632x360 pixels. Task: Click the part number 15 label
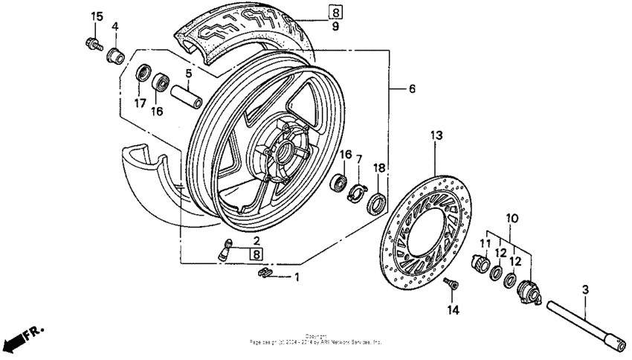click(97, 17)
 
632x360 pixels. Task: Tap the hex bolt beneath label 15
click(94, 43)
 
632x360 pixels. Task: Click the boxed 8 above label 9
click(336, 12)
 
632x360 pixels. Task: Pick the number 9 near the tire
click(335, 27)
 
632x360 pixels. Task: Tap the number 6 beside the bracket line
click(411, 89)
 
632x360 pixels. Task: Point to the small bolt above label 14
click(450, 285)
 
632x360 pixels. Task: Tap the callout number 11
click(484, 243)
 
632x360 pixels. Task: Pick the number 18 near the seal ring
click(378, 169)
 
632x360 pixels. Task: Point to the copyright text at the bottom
click(316, 340)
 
